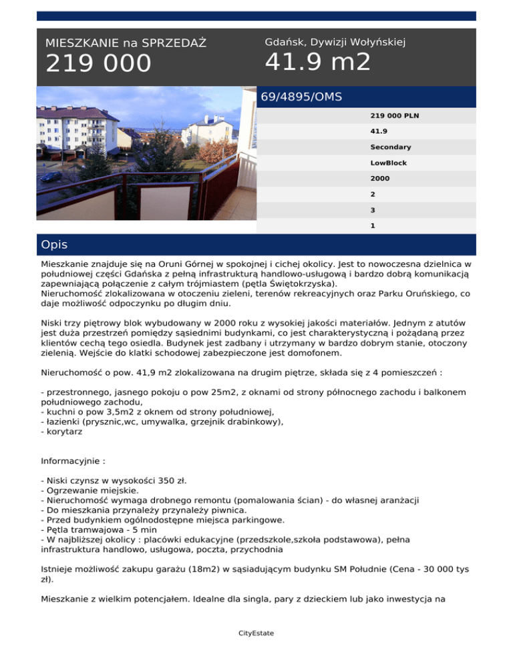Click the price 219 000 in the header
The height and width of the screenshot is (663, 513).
[98, 64]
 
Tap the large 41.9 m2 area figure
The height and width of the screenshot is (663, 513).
[317, 62]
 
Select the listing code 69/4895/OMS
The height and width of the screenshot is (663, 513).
[301, 97]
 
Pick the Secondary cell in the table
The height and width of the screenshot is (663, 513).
[391, 147]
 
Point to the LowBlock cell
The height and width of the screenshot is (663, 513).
[388, 163]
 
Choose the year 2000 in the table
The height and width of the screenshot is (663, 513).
[380, 179]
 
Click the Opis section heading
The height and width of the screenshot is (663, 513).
[54, 245]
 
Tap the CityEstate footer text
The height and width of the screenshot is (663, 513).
[256, 633]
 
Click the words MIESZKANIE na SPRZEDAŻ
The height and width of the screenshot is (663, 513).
[126, 43]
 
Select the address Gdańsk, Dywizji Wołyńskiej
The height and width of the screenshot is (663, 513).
[335, 42]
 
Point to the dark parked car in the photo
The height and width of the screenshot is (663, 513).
[51, 177]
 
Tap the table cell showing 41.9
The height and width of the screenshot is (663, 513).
[379, 131]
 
